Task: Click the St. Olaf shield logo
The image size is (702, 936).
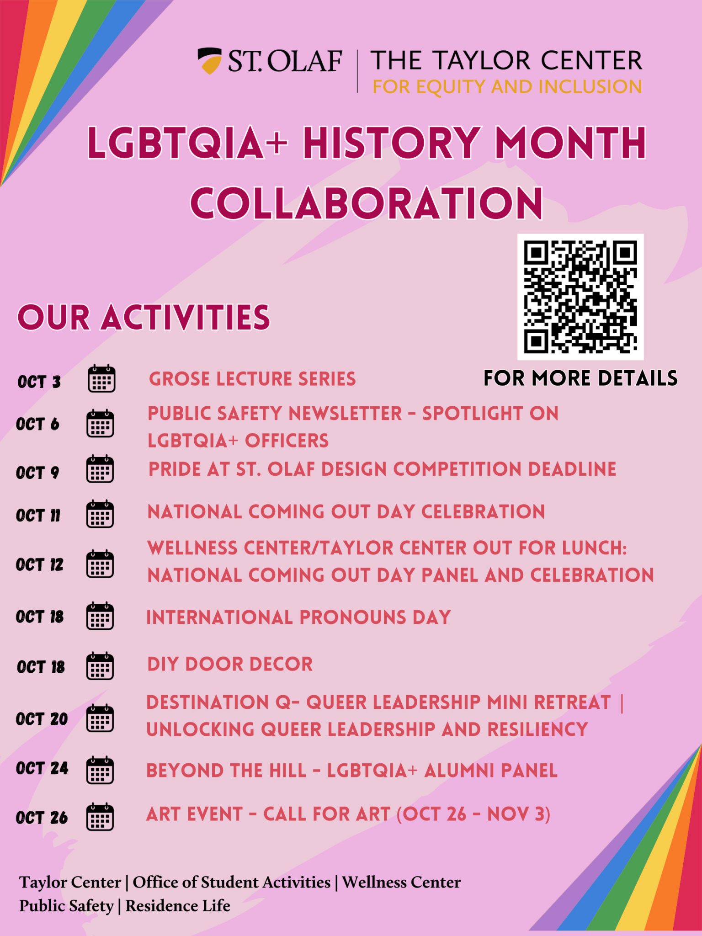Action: point(210,60)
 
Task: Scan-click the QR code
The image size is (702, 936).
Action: point(580,297)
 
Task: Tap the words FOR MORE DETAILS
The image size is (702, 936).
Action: point(580,378)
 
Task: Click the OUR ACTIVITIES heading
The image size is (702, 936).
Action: point(144,317)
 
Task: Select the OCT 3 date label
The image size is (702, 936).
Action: point(39,381)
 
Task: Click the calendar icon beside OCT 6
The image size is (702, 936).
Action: point(101,424)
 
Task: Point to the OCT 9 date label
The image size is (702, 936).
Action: point(37,472)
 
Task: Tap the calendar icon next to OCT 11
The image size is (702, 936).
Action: point(100,514)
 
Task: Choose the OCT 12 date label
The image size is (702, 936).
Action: point(39,564)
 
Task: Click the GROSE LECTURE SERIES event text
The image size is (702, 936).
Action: point(252,379)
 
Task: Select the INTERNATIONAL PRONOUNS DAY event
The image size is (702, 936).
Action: point(298,617)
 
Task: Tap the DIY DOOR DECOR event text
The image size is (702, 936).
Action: point(230,664)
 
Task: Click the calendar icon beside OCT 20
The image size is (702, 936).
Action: point(100,718)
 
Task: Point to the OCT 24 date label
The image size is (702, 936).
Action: point(42,768)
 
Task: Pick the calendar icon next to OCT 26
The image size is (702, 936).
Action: point(100,817)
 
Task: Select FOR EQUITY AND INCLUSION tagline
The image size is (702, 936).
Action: point(507,86)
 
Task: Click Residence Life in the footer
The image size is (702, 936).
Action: point(178,905)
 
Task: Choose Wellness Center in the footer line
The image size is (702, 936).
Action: point(401,882)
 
